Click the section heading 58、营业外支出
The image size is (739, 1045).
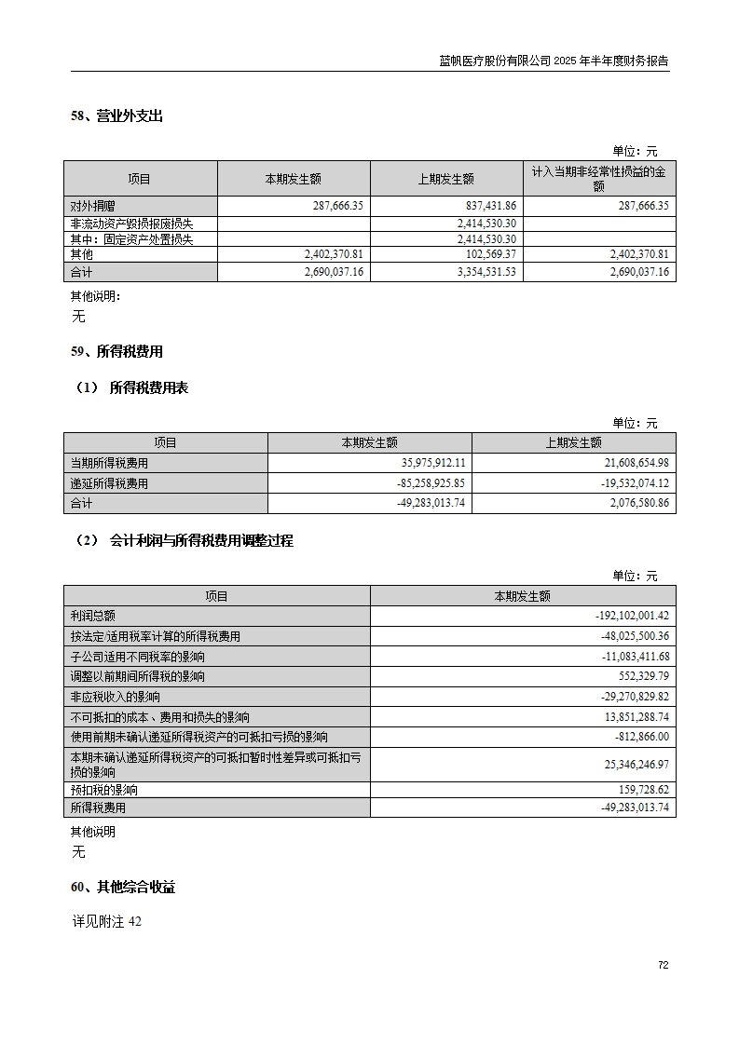[x=116, y=116]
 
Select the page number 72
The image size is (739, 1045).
[x=663, y=965]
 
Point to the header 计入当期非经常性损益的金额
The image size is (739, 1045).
[x=599, y=179]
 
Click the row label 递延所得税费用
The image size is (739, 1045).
[x=109, y=483]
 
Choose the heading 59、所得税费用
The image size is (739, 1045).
[x=116, y=352]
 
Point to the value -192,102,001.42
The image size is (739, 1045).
[x=632, y=616]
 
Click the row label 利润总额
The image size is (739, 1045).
[x=92, y=616]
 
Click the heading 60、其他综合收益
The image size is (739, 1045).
[x=123, y=888]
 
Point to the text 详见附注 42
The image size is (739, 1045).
[x=107, y=922]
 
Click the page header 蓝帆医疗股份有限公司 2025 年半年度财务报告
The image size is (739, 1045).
[x=554, y=61]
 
